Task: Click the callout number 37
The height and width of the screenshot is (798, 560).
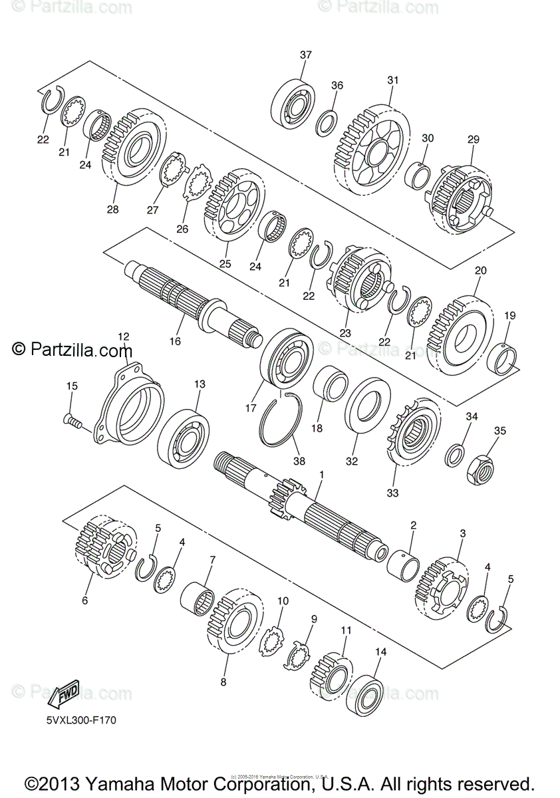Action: [305, 55]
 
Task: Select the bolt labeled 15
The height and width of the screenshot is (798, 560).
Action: [70, 420]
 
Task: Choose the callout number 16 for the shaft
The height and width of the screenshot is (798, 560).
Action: [175, 341]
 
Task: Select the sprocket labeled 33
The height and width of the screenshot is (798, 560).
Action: [412, 435]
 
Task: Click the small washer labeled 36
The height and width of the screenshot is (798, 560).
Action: [326, 122]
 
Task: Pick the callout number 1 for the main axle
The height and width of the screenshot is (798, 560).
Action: [321, 475]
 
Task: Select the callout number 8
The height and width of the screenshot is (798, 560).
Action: [223, 682]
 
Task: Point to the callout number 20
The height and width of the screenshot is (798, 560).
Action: [480, 271]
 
